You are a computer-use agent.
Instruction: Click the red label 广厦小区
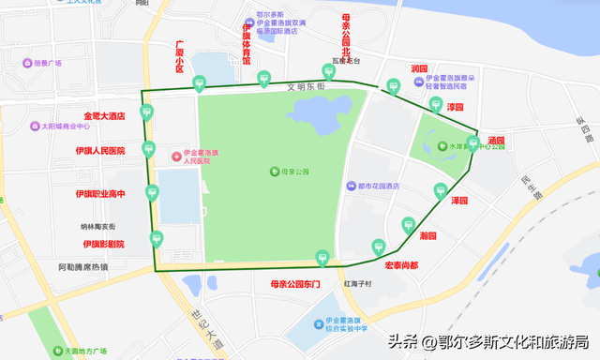[180, 56]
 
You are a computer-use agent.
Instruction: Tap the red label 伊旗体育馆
[247, 44]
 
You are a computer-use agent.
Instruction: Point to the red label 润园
[419, 69]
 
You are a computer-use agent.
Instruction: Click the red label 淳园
[456, 108]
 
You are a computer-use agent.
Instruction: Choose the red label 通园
[496, 141]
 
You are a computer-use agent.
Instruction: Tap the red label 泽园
[458, 201]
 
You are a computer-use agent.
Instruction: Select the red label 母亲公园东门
[295, 283]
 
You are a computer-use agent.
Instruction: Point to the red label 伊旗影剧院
[102, 244]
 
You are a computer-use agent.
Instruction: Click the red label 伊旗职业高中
[100, 193]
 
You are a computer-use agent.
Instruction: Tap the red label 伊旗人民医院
[100, 150]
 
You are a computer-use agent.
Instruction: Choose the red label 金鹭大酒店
[104, 116]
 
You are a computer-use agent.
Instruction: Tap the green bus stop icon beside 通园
[472, 143]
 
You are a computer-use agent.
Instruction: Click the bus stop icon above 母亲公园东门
[322, 256]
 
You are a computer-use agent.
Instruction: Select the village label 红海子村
[358, 283]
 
